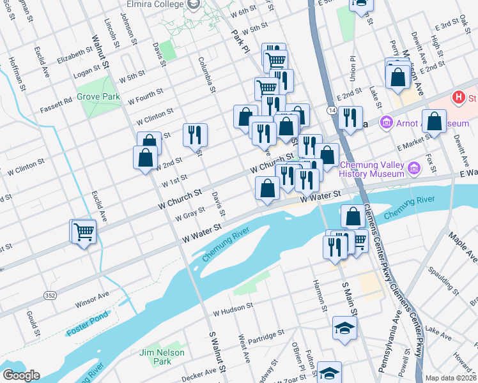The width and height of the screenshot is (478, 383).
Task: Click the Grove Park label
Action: point(98,96)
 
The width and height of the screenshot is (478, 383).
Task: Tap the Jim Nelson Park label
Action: point(163,357)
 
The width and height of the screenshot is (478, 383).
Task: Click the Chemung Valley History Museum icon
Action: point(413,168)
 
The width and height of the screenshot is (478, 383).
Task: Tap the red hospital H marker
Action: point(458,98)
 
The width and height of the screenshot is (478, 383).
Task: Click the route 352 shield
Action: point(49,295)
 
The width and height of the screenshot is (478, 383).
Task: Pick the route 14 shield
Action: point(332,110)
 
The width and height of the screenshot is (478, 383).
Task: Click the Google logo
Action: point(20,375)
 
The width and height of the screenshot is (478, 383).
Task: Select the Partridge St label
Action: point(267,336)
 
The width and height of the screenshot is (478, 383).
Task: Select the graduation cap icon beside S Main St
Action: point(344,329)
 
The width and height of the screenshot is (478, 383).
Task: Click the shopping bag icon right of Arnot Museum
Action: point(434,123)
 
